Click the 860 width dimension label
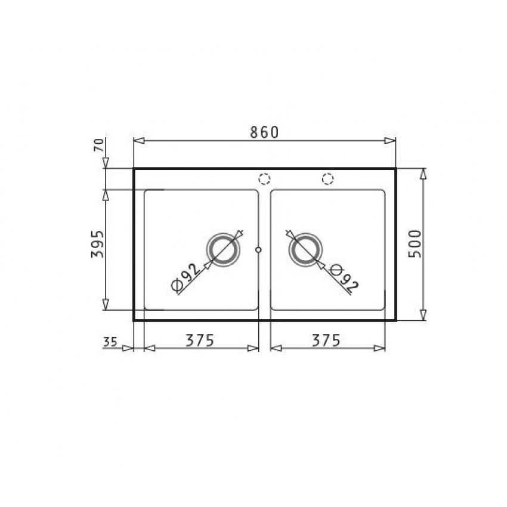coord(264,132)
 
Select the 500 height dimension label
coord(415,244)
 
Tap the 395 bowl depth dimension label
coord(98,244)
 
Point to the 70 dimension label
coord(100,145)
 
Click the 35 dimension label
coord(110,342)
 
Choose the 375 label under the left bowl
coord(200,340)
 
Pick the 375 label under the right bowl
coord(326,340)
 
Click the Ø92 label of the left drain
coord(186,277)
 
